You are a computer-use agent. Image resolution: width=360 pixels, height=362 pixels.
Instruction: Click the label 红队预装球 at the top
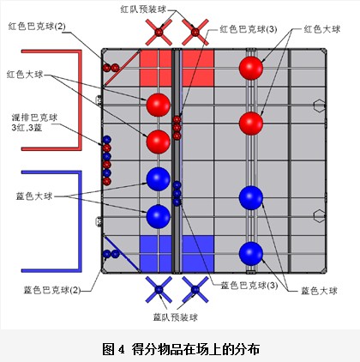pos(143,9)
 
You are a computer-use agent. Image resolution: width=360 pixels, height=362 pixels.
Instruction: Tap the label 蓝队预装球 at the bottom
pos(176,317)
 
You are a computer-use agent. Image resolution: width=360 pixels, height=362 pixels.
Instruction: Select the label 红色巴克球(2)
pos(37,27)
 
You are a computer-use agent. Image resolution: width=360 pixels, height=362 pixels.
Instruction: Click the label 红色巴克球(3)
pos(249,29)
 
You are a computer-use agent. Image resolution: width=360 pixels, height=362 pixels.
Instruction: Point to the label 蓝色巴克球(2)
pos(52,290)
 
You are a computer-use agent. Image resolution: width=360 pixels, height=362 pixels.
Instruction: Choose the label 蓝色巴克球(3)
pos(249,285)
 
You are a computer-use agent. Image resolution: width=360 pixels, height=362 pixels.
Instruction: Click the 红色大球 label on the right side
pos(322,29)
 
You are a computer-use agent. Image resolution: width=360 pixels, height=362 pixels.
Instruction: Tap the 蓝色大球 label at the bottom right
pos(320,291)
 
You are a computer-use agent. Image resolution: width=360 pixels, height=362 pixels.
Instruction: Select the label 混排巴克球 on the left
pos(34,118)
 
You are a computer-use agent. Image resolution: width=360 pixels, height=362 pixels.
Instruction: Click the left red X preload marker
pos(159,32)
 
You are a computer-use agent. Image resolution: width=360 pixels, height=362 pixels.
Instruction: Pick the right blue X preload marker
pos(195,290)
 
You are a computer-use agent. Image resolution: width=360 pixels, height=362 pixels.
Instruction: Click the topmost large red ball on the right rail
pos(251,69)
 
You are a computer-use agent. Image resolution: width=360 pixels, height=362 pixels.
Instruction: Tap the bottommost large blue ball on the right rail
pos(251,254)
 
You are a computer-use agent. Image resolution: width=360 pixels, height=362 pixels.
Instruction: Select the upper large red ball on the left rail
pos(159,105)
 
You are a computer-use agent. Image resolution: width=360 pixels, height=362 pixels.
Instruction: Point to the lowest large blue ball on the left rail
pos(159,216)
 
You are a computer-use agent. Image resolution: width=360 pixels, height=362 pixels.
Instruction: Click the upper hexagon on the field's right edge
pos(319,106)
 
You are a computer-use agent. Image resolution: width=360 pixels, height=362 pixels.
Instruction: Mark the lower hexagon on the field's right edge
pos(319,216)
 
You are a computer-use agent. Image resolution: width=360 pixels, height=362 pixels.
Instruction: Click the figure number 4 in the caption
pos(121,349)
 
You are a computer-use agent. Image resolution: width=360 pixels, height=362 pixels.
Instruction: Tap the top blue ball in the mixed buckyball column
pos(107,140)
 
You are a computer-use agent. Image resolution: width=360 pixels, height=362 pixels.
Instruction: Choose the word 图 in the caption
pos(109,349)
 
